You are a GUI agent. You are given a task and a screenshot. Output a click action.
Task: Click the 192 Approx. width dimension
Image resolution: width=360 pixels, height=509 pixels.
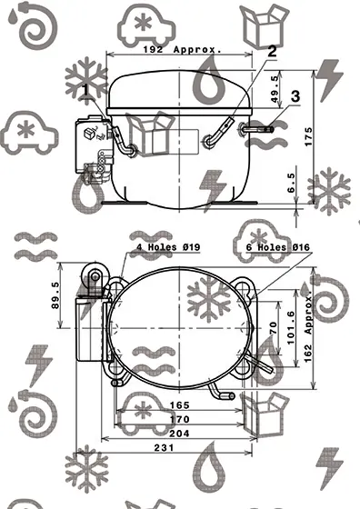tap(183, 50)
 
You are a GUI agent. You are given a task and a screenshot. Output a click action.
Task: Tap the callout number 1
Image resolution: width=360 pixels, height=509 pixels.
tap(85, 90)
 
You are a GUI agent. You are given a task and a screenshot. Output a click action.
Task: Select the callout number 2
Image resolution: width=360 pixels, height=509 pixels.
tap(272, 51)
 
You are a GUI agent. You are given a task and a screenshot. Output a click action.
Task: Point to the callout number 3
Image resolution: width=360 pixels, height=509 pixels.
tap(295, 96)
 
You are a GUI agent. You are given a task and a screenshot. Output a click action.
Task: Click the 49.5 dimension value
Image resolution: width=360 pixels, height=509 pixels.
tap(275, 90)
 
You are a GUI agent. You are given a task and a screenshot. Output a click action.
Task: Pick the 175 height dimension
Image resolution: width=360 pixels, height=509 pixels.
tap(309, 136)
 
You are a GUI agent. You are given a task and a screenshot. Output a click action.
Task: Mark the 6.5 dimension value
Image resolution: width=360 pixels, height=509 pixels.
tap(291, 183)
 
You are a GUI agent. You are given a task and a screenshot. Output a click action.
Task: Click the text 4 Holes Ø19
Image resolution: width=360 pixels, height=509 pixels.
tap(168, 247)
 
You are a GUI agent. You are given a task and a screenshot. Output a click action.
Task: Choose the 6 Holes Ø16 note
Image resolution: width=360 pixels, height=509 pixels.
tap(278, 247)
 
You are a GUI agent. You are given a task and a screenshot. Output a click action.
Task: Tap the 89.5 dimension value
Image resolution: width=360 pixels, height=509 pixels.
tap(55, 295)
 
